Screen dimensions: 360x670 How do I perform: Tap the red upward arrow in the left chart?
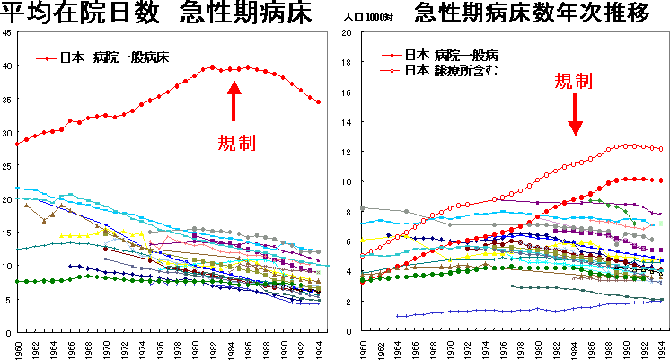234,101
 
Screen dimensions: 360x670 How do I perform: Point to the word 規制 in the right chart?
573,82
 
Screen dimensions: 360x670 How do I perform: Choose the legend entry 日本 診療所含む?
448,69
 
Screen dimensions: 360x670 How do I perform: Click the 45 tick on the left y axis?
7,33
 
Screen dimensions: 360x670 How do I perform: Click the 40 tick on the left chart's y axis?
7,66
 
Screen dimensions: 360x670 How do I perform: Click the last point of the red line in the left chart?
318,101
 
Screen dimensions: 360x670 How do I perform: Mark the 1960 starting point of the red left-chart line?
17,143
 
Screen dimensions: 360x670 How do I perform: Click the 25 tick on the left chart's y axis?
7,166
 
